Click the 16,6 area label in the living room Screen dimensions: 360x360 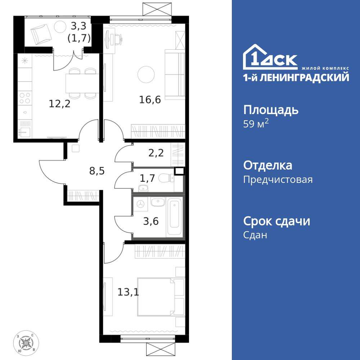150,99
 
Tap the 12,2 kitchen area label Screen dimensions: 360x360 59,104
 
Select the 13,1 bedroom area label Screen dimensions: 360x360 128,291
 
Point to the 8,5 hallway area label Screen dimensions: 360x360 97,170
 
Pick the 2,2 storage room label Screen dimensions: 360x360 156,153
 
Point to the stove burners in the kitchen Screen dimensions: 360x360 25,98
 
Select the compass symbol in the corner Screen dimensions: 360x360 26,341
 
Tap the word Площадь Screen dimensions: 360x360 271,109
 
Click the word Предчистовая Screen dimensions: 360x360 278,179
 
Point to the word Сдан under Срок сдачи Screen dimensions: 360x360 255,235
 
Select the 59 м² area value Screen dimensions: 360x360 256,124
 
